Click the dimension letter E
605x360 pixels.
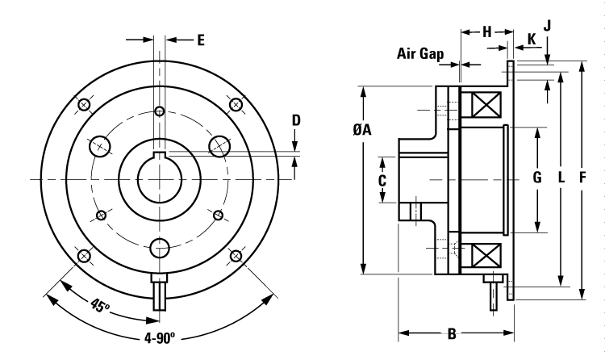(x=201, y=38)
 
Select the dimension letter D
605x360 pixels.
(x=296, y=120)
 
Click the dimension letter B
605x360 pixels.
(x=453, y=333)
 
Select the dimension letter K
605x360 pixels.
(x=532, y=38)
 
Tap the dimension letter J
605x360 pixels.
(x=547, y=25)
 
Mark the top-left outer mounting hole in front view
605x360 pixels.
(x=82, y=104)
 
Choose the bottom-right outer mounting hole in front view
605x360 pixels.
(x=236, y=256)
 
